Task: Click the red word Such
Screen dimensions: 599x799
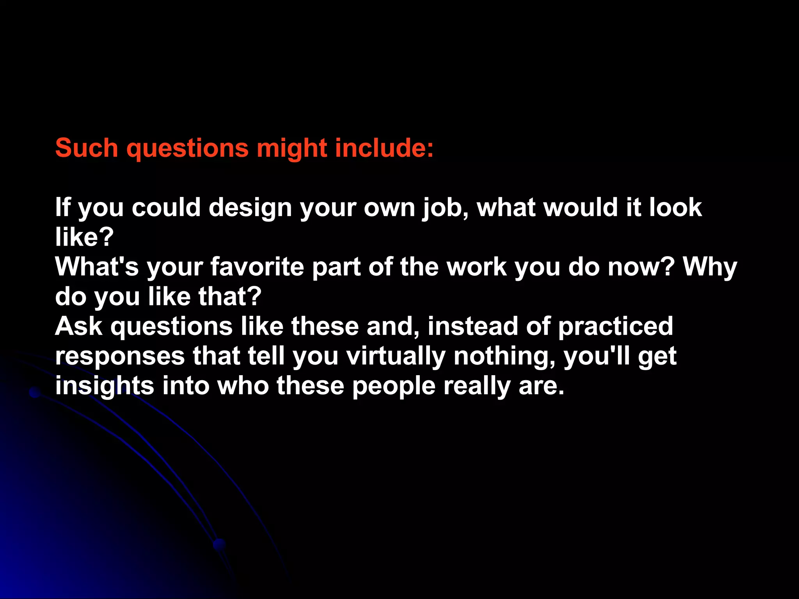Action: (86, 148)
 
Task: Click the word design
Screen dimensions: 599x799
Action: (250, 208)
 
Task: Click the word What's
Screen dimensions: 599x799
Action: (97, 267)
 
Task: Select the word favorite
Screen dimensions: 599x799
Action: (257, 267)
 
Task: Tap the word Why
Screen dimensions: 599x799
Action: (710, 268)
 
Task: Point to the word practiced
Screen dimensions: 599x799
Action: (616, 327)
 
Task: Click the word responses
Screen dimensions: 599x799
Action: (120, 357)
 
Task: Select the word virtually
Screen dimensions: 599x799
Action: (396, 357)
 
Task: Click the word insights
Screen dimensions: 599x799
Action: (105, 386)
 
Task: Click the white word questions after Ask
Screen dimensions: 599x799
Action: (172, 327)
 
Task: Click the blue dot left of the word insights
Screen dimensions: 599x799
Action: (35, 393)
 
